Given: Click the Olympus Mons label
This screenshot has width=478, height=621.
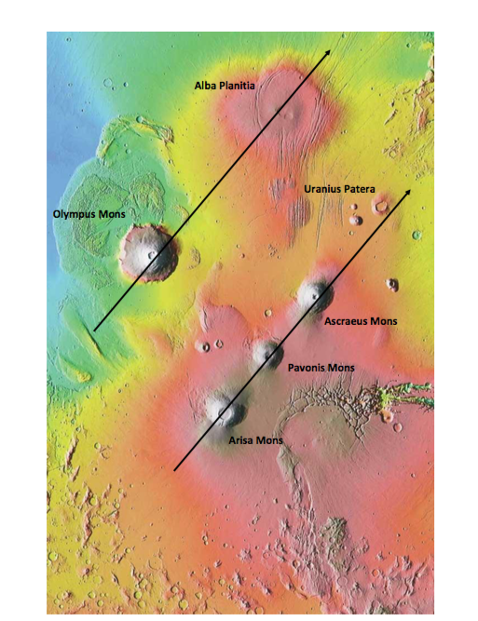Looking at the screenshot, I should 89,215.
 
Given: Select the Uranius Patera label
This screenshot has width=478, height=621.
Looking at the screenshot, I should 339,189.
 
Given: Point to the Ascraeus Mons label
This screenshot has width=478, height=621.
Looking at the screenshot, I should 361,321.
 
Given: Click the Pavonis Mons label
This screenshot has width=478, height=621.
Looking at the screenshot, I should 322,367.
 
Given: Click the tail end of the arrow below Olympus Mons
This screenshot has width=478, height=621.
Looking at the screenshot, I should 94,329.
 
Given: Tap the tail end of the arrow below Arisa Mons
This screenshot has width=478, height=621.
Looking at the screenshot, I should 176,470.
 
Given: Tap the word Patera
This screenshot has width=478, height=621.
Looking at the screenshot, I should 359,189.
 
